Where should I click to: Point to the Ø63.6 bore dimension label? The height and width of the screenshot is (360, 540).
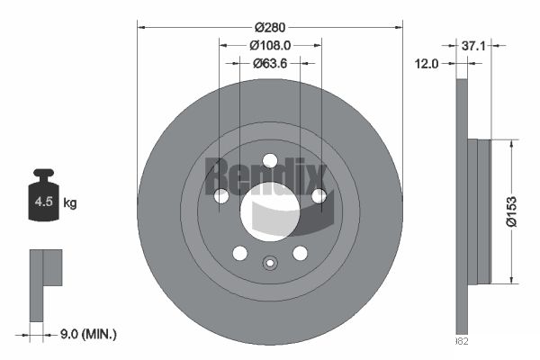click(269, 63)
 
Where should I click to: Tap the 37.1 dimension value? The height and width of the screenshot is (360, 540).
click(474, 45)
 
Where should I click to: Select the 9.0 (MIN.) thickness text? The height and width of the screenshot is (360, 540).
click(86, 335)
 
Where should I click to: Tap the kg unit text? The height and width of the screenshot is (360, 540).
click(69, 203)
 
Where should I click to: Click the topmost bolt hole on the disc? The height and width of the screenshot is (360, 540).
click(270, 160)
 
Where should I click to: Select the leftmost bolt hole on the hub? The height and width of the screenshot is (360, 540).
click(221, 195)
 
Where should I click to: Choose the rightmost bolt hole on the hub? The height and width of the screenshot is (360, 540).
click(319, 195)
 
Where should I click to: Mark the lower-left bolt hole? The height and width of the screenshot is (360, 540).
click(239, 253)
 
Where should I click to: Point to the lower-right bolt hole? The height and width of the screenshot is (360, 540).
click(300, 253)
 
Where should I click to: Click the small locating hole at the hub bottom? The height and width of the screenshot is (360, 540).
click(270, 264)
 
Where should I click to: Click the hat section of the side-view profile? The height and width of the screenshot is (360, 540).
click(481, 211)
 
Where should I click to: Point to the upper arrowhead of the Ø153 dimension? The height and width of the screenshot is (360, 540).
click(512, 143)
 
